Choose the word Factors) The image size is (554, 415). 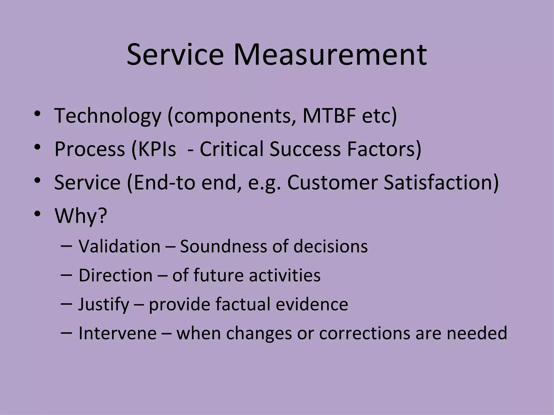pos(384,149)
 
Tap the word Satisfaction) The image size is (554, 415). pos(441,182)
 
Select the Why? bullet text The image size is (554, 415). pos(81,216)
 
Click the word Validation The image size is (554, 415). pos(120,246)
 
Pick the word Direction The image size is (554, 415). pos(116,275)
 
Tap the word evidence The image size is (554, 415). pos(312,304)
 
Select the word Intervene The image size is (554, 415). pos(117,333)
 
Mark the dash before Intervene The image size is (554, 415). pos(67,332)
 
